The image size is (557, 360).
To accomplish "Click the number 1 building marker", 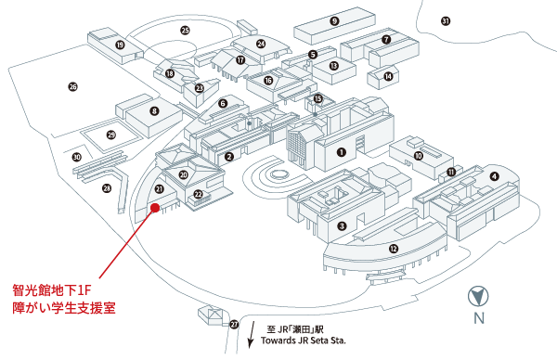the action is (x=342, y=152).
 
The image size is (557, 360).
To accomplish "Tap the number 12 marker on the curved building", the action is (x=394, y=249).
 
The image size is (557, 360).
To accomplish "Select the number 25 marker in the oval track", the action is (x=185, y=31).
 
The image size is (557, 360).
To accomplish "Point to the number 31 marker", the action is (x=446, y=21).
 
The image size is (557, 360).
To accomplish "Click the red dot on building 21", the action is (x=155, y=208).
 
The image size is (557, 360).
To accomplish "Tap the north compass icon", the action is (x=478, y=297).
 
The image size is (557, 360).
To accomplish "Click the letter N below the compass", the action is (x=479, y=317).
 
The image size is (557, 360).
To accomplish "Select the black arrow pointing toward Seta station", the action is (x=252, y=334).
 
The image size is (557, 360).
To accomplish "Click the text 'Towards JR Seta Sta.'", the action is (x=304, y=341).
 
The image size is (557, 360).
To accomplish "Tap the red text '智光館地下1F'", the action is (x=52, y=290).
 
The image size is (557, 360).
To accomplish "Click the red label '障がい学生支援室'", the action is (x=64, y=307).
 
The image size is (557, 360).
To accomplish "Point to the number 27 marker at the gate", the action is (x=234, y=324).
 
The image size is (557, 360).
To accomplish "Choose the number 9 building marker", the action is (x=334, y=21).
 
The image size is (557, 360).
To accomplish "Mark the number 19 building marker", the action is (x=120, y=45).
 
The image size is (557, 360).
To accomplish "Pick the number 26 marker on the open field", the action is (x=72, y=86).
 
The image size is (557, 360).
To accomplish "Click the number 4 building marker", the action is (x=494, y=176).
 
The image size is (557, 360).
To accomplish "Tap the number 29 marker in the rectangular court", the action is (x=111, y=135).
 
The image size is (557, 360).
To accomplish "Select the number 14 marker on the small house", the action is (x=389, y=76).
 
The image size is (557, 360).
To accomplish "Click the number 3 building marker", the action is (x=342, y=225).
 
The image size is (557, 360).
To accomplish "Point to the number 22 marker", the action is (x=199, y=194).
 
